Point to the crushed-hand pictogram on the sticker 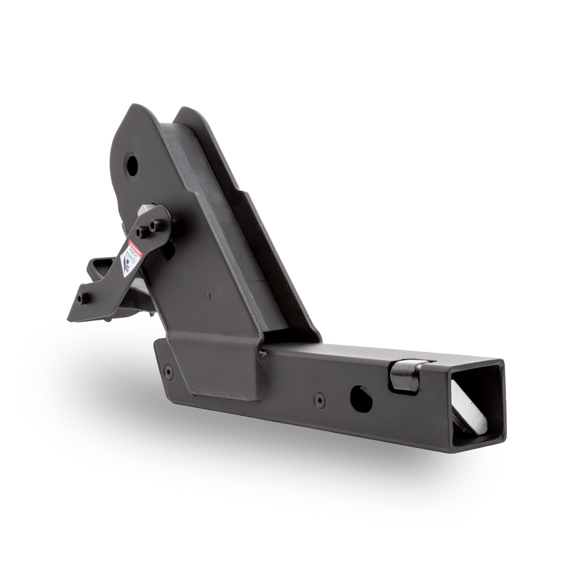click(x=125, y=267)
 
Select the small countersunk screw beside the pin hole click(x=320, y=396)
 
